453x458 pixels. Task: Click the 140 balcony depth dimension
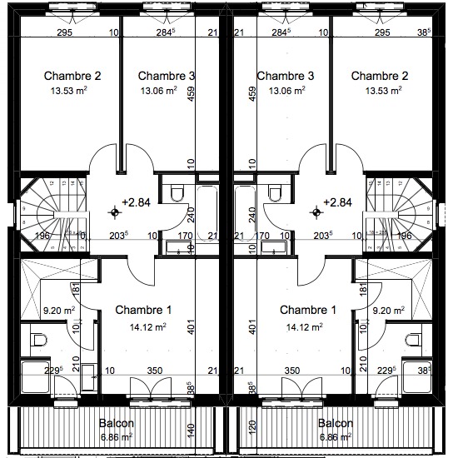coord(190,430)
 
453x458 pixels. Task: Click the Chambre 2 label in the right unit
coord(379,76)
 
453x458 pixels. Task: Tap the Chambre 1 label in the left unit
coord(143,311)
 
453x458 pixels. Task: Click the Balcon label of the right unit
coord(338,422)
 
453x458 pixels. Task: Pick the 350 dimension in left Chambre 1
coord(155,371)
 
